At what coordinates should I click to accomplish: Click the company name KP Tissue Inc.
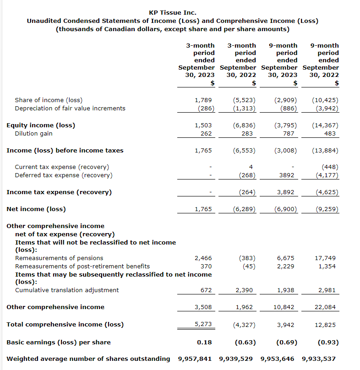click(173, 13)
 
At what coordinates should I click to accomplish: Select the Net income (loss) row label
click(36, 209)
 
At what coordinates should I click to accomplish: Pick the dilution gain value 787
click(288, 134)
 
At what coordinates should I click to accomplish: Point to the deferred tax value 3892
click(288, 175)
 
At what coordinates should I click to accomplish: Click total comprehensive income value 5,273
click(203, 324)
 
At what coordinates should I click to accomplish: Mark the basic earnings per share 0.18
click(204, 342)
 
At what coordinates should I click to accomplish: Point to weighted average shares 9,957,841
click(196, 359)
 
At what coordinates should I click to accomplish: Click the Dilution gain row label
click(33, 134)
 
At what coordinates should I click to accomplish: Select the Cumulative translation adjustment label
click(67, 290)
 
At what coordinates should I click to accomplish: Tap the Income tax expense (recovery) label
click(59, 192)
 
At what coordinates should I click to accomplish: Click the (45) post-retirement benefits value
click(249, 267)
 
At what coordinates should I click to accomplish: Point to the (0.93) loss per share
click(328, 342)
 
